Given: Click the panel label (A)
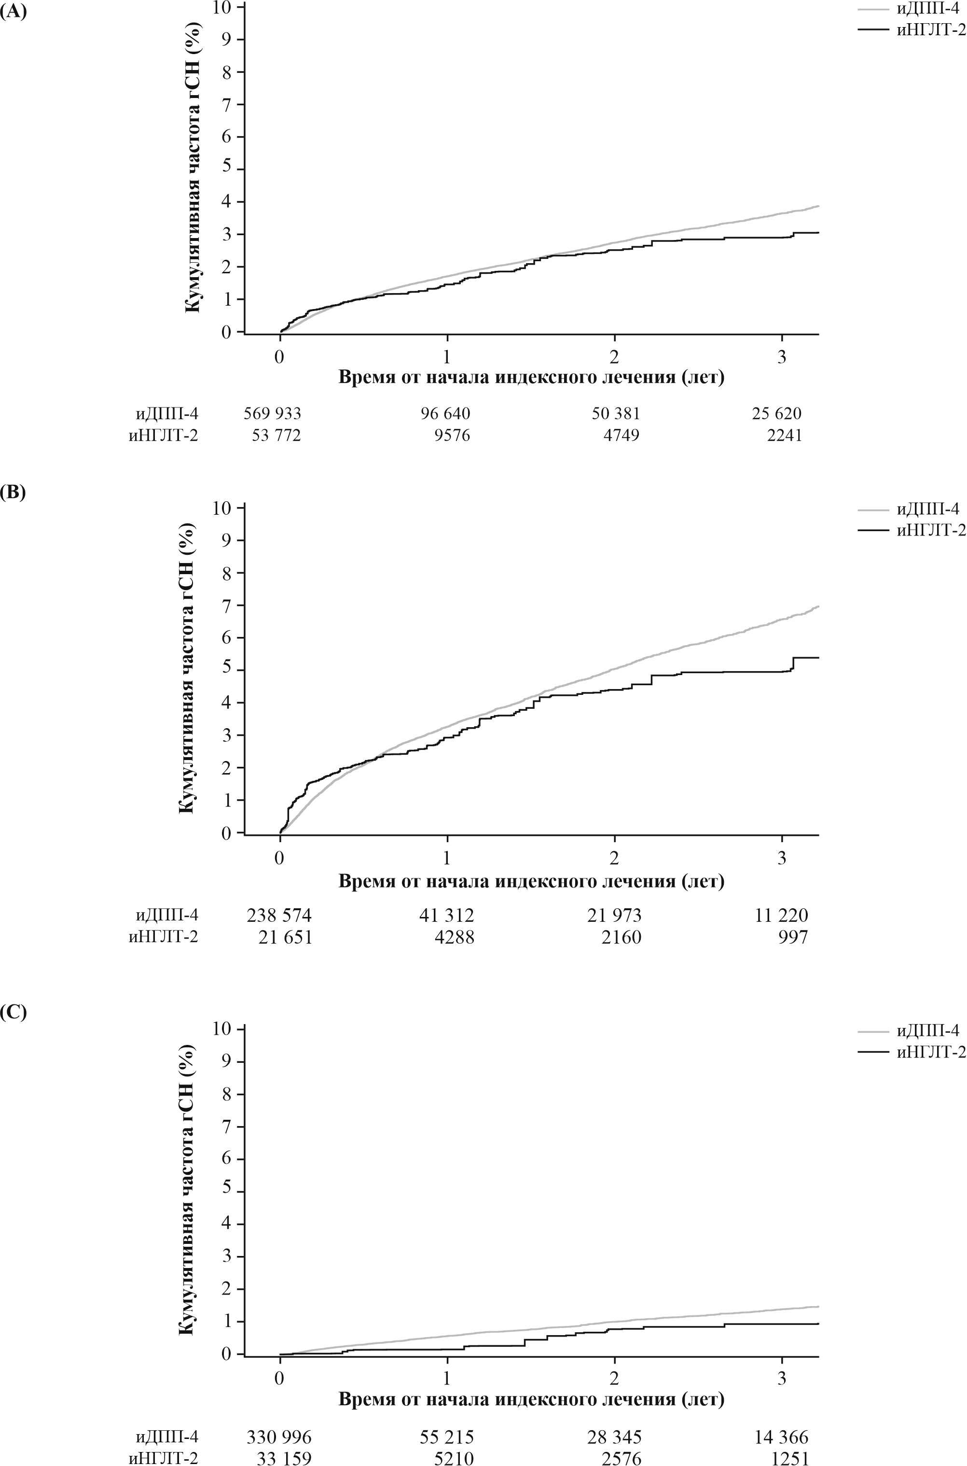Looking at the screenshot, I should click(13, 13).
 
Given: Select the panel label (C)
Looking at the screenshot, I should click(13, 1014).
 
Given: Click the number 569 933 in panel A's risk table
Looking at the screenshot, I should click(273, 414).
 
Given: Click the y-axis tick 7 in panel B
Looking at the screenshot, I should click(230, 606).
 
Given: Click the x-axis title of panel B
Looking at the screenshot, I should click(531, 882).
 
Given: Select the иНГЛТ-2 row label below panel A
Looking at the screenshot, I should click(164, 436).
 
